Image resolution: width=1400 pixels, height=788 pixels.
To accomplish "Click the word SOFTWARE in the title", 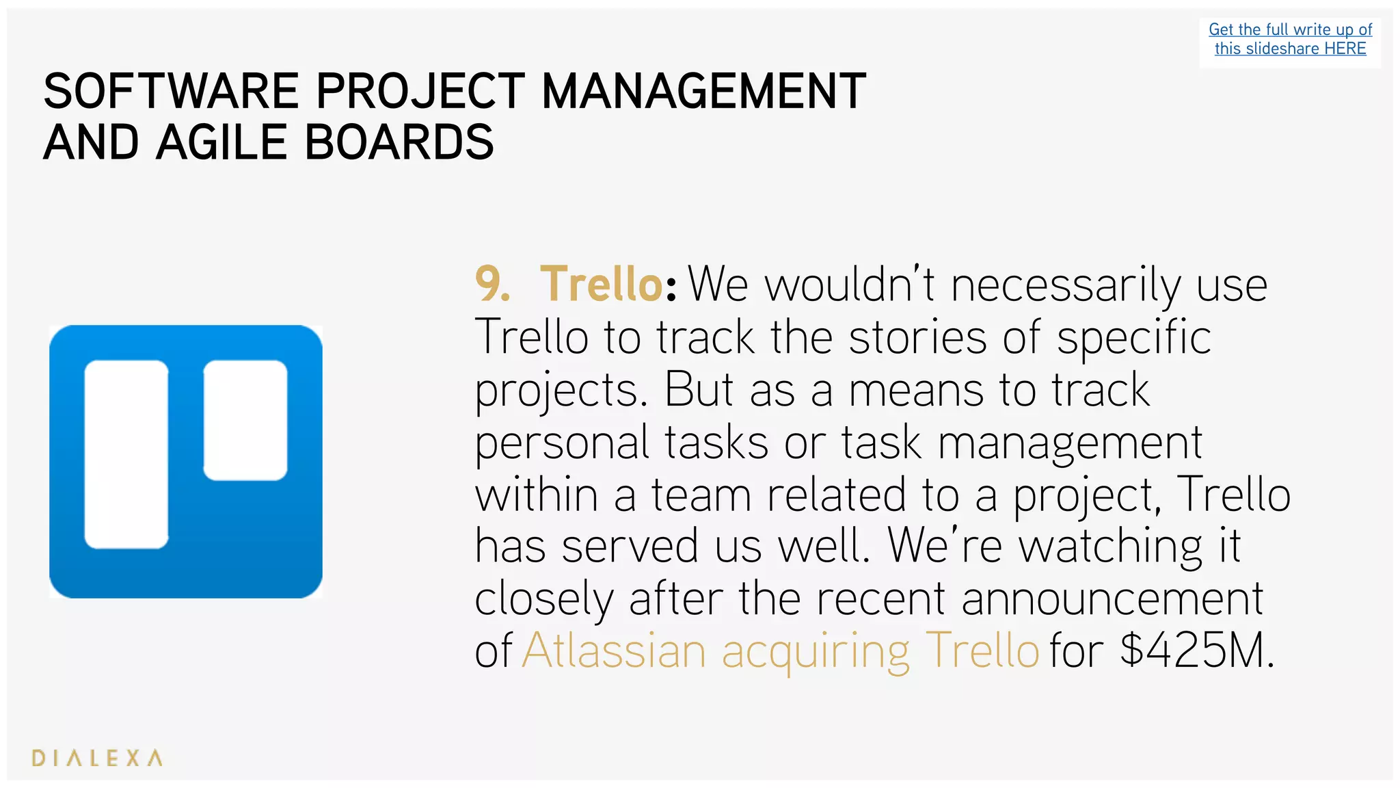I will pos(171,91).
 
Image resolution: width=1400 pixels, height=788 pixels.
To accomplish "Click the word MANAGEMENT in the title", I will pos(703,91).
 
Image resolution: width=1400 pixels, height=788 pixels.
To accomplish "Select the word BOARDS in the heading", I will pos(399,142).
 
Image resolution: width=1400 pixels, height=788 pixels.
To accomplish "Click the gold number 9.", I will pos(492,284).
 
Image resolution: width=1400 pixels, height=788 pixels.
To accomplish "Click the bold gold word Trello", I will pos(601,284).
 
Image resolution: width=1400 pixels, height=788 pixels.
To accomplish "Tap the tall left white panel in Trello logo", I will pos(126,454).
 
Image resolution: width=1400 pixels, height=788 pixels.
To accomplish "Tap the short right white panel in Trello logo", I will pos(245,420).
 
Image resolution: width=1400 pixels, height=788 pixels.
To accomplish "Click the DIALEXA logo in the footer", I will pos(97,758).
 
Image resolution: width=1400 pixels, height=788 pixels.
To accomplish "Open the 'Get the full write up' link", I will pos(1289,30).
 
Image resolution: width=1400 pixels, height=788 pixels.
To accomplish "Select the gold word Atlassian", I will pos(613,651).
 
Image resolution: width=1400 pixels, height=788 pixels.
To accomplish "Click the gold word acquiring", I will pos(816,651).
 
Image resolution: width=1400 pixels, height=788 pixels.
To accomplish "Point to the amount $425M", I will pos(1196,651).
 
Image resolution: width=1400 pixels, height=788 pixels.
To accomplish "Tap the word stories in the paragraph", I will pos(917,337).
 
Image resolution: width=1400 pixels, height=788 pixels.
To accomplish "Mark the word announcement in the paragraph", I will pos(1112,599).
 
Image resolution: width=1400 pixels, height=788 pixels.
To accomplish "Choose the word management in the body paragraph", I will pos(1069,443).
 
